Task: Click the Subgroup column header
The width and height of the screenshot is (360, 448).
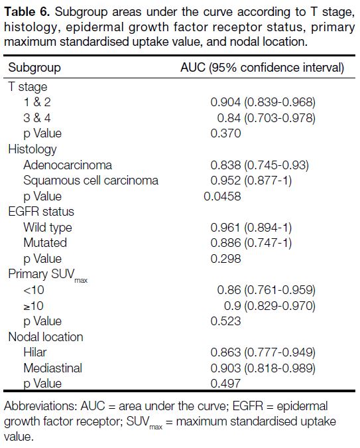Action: (x=34, y=68)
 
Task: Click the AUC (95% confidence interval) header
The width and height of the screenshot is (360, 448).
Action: (x=262, y=68)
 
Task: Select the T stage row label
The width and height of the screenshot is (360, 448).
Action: (x=28, y=86)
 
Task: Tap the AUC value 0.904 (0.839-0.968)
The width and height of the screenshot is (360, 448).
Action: (x=263, y=102)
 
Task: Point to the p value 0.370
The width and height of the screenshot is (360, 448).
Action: (x=225, y=133)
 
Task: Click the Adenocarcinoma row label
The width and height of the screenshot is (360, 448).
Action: (x=68, y=165)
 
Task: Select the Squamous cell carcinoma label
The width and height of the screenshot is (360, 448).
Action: (x=91, y=181)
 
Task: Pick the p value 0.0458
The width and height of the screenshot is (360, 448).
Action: (x=222, y=196)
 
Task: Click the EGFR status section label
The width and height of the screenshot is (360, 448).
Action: (x=41, y=212)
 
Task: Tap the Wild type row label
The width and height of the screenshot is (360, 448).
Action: (x=48, y=228)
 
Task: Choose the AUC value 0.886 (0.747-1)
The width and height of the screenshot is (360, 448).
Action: (x=251, y=243)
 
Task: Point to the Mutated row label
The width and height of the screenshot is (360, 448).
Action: (x=45, y=243)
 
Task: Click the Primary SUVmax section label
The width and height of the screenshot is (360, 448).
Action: (x=48, y=275)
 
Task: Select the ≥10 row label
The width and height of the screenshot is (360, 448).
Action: (x=34, y=306)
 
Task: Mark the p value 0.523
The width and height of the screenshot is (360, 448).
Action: (x=225, y=321)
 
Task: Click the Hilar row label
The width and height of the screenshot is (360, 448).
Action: (x=35, y=352)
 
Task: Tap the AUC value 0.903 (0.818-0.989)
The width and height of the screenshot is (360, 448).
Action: (x=263, y=368)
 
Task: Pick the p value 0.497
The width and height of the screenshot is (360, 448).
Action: (x=225, y=384)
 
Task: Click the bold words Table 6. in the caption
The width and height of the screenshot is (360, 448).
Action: (x=27, y=12)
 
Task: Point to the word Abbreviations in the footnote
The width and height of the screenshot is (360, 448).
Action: (x=40, y=406)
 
